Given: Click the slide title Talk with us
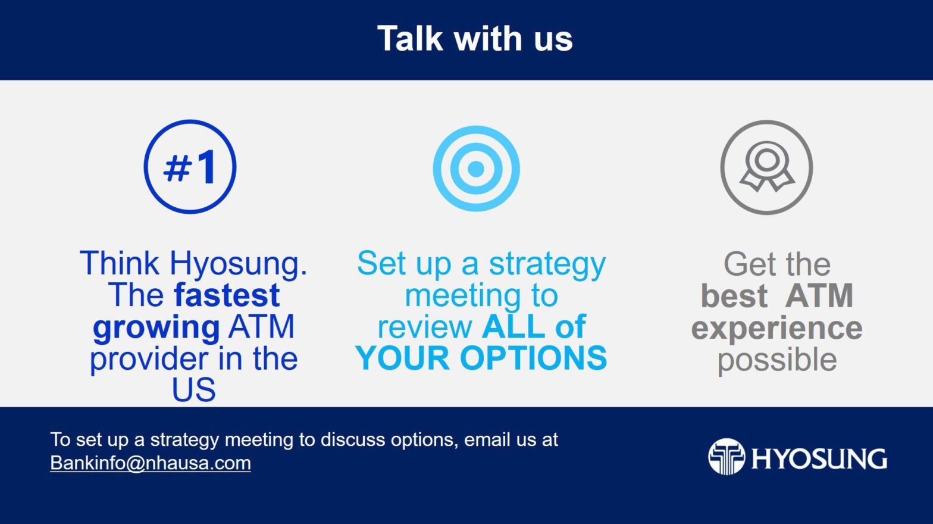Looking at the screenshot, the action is (475, 39).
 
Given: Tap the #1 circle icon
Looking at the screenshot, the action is (190, 167).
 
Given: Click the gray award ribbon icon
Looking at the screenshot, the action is (766, 167).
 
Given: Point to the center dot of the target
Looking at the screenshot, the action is (476, 169).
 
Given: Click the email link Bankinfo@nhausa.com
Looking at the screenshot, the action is (151, 463).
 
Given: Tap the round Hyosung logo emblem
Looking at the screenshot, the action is (727, 457).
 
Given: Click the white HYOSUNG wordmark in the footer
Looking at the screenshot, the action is (819, 459).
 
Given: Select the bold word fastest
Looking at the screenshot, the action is (227, 295).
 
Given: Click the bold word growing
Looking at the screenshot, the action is (156, 327).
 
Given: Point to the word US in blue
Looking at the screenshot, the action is (194, 389).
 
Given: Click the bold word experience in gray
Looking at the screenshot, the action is (777, 329).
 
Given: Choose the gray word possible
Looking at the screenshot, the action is (777, 360).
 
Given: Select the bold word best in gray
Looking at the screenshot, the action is (734, 295).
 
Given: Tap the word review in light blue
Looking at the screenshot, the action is (425, 327).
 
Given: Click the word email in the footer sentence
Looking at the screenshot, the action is (484, 439).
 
